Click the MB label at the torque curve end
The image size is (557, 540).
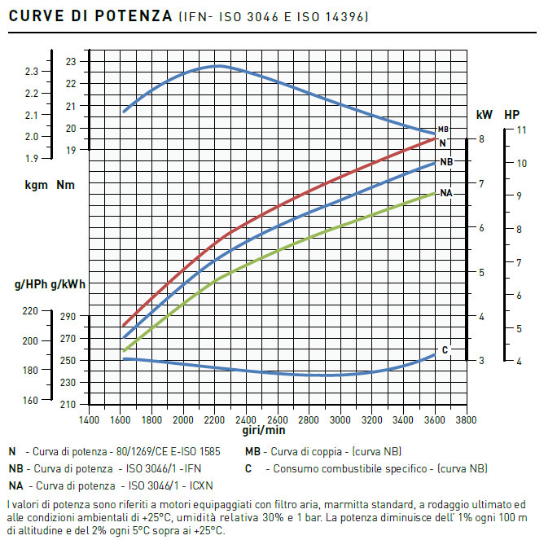pos(443,130)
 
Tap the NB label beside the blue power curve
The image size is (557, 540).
pos(446,162)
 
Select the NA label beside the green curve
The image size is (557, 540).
pos(446,193)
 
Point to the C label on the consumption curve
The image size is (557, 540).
pos(445,350)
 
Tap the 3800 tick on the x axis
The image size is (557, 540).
pos(466,420)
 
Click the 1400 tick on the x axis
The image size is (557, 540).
pos(89,420)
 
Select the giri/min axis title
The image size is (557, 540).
pos(264,430)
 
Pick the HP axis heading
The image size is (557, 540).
pos(512,115)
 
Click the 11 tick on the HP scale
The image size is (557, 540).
pos(522,130)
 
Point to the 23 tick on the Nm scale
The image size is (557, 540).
pos(71,62)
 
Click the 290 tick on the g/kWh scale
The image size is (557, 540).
pos(67,317)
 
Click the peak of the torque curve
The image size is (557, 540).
pos(217,66)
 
